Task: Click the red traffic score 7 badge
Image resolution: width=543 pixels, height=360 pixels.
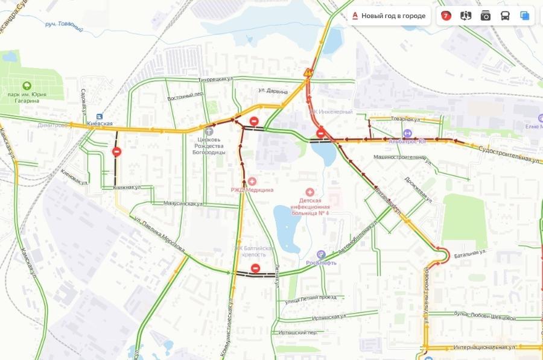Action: pyautogui.click(x=446, y=16)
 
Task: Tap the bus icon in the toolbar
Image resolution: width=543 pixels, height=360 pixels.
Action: pyautogui.click(x=505, y=16)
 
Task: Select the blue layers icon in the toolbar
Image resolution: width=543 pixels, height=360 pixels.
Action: pyautogui.click(x=525, y=16)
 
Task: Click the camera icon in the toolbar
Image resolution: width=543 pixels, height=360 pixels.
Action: pyautogui.click(x=486, y=16)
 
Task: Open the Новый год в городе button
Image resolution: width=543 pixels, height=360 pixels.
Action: pyautogui.click(x=389, y=16)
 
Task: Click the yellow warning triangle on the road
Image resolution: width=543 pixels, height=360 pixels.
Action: pyautogui.click(x=308, y=73)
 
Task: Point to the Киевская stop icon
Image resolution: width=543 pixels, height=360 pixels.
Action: pyautogui.click(x=100, y=116)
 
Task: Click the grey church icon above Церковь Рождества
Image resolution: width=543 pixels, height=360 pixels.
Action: pyautogui.click(x=209, y=131)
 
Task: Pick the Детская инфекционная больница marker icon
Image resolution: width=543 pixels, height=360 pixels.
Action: pyautogui.click(x=310, y=191)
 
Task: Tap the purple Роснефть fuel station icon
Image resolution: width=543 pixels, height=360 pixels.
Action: pyautogui.click(x=321, y=254)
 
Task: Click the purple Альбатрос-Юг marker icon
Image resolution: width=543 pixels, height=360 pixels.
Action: pyautogui.click(x=408, y=134)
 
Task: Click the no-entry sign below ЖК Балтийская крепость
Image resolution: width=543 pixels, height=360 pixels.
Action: pyautogui.click(x=255, y=268)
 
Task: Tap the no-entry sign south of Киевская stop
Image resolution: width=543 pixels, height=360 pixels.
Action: pyautogui.click(x=116, y=152)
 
